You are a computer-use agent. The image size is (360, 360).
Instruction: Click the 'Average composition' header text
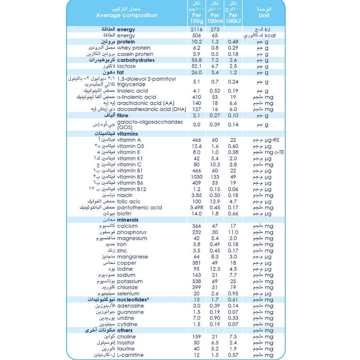[x=126, y=16]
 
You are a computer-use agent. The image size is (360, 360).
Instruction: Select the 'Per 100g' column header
[x=196, y=19]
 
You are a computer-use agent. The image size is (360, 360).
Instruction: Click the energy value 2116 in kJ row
[x=196, y=29]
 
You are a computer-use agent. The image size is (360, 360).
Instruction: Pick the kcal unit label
[x=270, y=35]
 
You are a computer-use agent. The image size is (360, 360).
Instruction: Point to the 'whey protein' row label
[x=134, y=48]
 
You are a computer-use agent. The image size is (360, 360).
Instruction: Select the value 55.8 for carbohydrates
[x=196, y=60]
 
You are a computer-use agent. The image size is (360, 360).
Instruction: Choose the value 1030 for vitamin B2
[x=196, y=177]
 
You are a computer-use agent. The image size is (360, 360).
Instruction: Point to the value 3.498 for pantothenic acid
[x=196, y=208]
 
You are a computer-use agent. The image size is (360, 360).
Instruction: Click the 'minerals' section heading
[x=127, y=220]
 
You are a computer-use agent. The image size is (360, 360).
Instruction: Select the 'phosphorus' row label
[x=132, y=232]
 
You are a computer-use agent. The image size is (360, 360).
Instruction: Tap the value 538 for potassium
[x=196, y=281]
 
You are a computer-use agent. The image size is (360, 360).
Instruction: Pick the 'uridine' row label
[x=125, y=318]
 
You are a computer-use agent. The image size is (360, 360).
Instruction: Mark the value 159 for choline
[x=196, y=337]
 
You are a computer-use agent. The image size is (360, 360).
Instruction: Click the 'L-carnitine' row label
[x=130, y=355]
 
